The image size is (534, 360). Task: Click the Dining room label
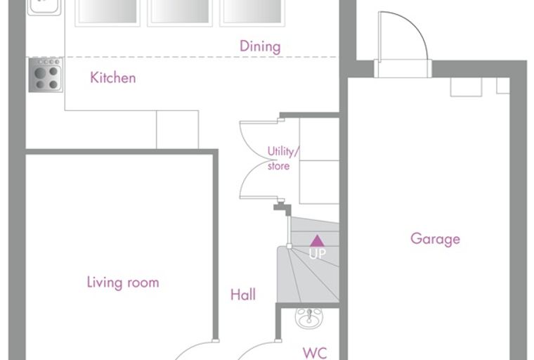(260, 46)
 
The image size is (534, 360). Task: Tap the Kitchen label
(113, 78)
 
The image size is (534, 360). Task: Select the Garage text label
(435, 239)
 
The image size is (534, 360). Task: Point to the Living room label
(123, 283)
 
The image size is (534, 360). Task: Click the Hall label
(243, 295)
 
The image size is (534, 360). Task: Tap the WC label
(315, 353)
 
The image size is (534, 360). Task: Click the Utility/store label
(283, 158)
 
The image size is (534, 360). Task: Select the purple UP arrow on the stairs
(317, 240)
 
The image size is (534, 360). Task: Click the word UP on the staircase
(317, 253)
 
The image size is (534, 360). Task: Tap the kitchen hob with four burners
(46, 75)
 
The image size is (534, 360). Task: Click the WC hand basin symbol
(309, 318)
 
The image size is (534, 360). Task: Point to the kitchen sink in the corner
(44, 8)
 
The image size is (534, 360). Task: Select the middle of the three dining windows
(180, 13)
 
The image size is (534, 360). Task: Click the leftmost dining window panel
(108, 13)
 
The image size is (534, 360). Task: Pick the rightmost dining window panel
(252, 13)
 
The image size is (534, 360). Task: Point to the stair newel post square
(289, 246)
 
